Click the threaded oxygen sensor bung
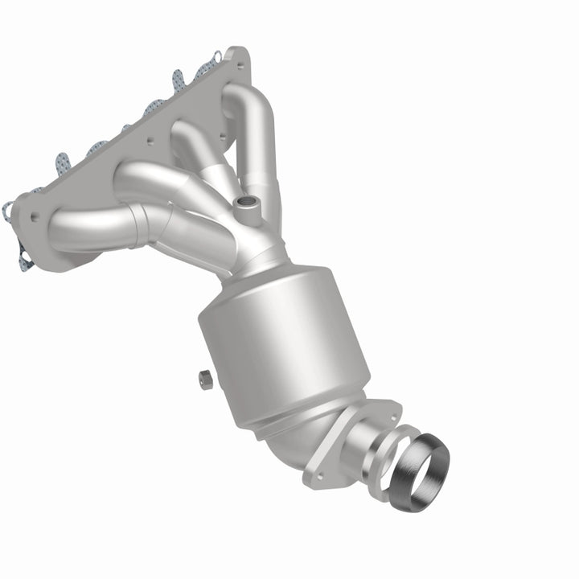[x=246, y=207]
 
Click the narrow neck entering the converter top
[x=262, y=258]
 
